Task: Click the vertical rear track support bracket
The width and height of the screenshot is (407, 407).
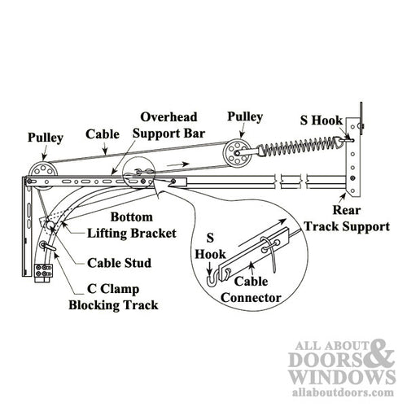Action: pos(353,155)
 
